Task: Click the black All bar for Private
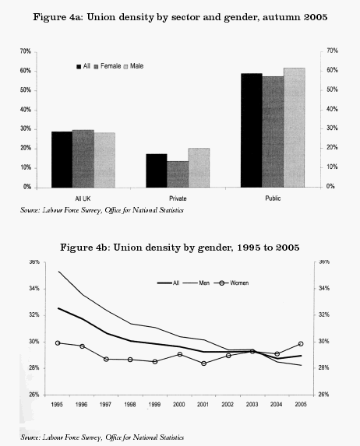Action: coord(156,170)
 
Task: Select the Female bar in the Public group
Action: coord(273,132)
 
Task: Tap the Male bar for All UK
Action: coord(104,160)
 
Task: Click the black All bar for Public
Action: coord(251,130)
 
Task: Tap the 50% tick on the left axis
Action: coord(26,90)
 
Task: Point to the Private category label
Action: coord(178,197)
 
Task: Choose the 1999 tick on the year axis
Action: coord(156,405)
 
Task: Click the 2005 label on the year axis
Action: coord(301,405)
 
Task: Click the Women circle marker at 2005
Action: coord(301,343)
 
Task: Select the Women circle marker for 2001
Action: coord(204,363)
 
